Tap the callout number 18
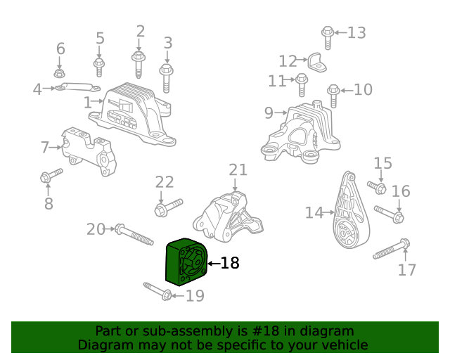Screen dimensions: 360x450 pos(230,264)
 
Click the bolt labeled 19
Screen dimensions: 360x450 pos(157,290)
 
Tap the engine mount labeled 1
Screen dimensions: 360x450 pos(137,112)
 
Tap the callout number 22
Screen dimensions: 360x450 pos(165,182)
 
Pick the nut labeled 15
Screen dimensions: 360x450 pos(378,188)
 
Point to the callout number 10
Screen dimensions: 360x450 pos(363,90)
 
